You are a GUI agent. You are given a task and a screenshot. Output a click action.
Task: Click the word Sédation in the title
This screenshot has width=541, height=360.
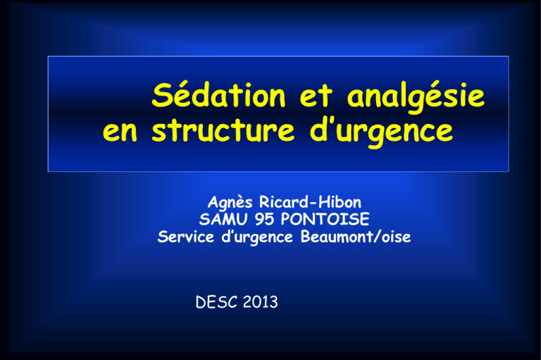pyautogui.click(x=219, y=94)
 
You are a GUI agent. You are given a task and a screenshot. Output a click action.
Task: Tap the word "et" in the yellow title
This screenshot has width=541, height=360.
pyautogui.click(x=316, y=96)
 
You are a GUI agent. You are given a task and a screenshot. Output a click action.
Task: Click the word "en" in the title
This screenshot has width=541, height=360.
pyautogui.click(x=120, y=131)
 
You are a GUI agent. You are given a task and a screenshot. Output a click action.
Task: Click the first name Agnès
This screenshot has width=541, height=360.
pyautogui.click(x=230, y=202)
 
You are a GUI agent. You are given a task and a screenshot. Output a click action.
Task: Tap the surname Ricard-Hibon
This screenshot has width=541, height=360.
pyautogui.click(x=310, y=202)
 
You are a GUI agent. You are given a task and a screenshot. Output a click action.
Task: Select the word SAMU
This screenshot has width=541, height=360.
pyautogui.click(x=223, y=219)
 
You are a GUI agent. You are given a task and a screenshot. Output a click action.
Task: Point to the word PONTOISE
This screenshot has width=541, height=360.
pyautogui.click(x=325, y=219)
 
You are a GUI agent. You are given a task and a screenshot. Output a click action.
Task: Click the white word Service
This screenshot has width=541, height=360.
pyautogui.click(x=186, y=237)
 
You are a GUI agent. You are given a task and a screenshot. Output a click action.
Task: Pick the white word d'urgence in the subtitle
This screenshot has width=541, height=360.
pyautogui.click(x=257, y=237)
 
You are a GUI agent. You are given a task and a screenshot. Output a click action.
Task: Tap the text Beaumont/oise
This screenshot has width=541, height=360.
pyautogui.click(x=356, y=237)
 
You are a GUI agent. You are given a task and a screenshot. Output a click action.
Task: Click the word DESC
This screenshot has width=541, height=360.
pyautogui.click(x=216, y=302)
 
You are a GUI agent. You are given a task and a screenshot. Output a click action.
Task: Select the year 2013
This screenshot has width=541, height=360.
pyautogui.click(x=261, y=302)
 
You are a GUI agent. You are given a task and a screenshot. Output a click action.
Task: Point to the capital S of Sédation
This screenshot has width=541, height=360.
pyautogui.click(x=163, y=95)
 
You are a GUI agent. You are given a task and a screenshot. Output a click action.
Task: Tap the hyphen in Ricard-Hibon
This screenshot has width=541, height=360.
pyautogui.click(x=313, y=204)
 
